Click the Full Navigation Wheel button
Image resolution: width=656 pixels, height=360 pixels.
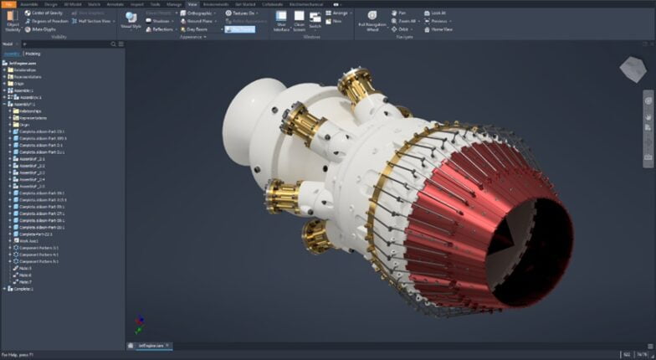[x=372, y=19]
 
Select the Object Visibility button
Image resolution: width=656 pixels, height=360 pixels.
[x=13, y=19]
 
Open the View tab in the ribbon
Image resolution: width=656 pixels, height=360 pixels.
[x=192, y=4]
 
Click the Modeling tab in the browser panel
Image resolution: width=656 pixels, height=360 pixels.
[x=32, y=53]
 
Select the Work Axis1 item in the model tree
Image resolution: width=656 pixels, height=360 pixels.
[x=29, y=239]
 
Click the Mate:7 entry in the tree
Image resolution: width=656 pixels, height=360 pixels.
[x=25, y=281]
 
